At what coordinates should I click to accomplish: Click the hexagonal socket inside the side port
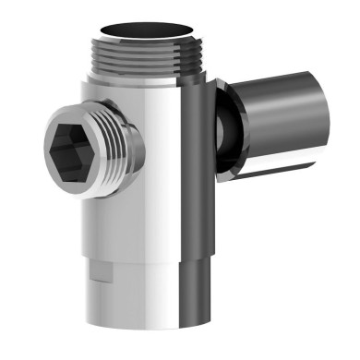[x=72, y=144]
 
